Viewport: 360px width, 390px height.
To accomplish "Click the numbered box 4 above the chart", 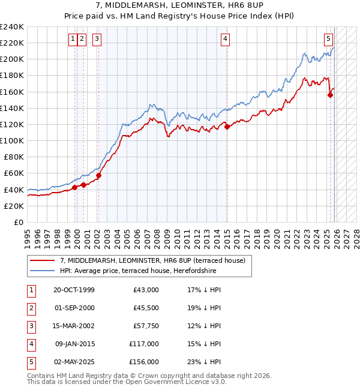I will (x=226, y=40).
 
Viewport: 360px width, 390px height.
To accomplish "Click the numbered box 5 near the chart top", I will (x=329, y=40).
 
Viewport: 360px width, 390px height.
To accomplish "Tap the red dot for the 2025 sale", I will (x=330, y=95).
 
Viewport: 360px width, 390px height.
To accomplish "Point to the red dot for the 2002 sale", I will (x=98, y=175).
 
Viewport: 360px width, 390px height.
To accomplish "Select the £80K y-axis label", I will (x=13, y=157).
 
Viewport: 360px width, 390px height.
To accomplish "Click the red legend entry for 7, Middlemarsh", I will (x=152, y=260).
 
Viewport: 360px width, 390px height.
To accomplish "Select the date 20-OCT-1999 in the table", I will (x=74, y=290).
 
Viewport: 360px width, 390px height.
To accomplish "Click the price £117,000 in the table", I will (x=144, y=344).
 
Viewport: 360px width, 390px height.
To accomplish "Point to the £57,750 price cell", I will (x=146, y=326).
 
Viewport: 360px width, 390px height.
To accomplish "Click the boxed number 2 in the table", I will (x=31, y=308).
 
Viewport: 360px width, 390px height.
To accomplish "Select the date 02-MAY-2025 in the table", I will (x=74, y=362).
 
